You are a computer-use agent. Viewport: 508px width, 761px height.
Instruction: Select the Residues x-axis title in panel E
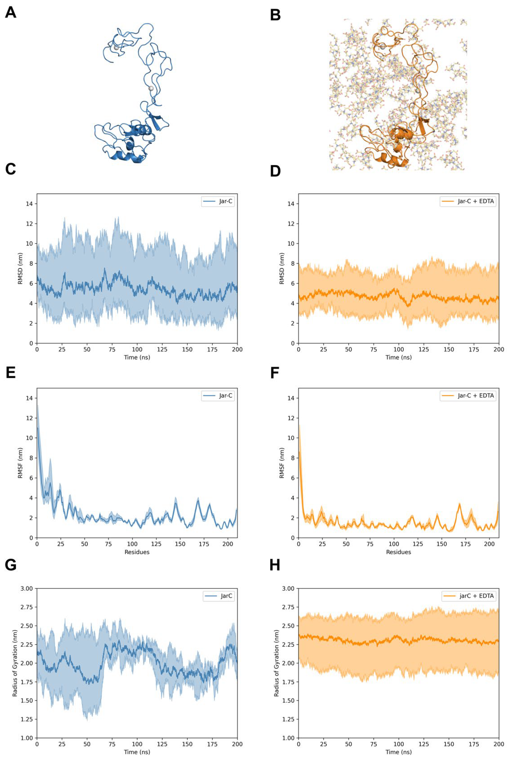tap(137, 552)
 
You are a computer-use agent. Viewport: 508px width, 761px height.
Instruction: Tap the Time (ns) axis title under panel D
tap(398, 357)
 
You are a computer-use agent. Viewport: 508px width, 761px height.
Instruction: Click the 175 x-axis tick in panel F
tap(466, 544)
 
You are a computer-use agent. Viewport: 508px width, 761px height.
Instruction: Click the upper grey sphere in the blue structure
tap(116, 48)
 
